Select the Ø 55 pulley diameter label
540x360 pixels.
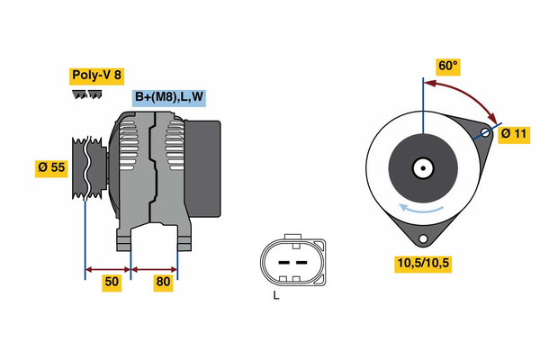51,168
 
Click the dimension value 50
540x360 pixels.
111,283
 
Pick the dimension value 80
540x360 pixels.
164,283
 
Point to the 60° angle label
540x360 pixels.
448,66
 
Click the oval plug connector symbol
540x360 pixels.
291,261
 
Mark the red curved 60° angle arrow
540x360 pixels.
468,94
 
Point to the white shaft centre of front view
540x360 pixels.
421,167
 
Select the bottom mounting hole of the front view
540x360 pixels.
421,238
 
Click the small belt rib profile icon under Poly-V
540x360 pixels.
87,94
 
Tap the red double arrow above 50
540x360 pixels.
108,268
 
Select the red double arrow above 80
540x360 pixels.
155,268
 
